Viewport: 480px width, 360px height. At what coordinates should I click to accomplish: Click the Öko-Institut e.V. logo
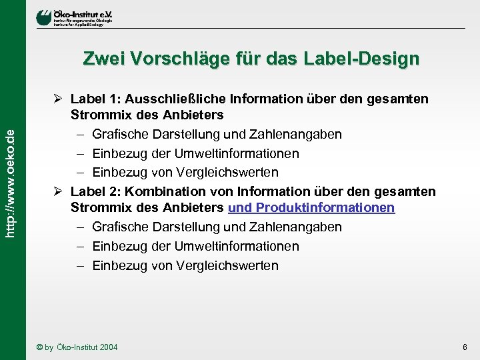pos(74,17)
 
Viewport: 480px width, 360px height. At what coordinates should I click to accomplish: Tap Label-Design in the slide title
pos(363,59)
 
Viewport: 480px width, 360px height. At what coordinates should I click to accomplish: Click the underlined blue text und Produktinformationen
pos(311,208)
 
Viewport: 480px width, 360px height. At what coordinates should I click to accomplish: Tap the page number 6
pos(465,347)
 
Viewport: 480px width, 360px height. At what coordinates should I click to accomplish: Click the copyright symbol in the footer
pos(40,347)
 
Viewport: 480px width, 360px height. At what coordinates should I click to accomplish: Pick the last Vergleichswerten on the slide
pos(227,265)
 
